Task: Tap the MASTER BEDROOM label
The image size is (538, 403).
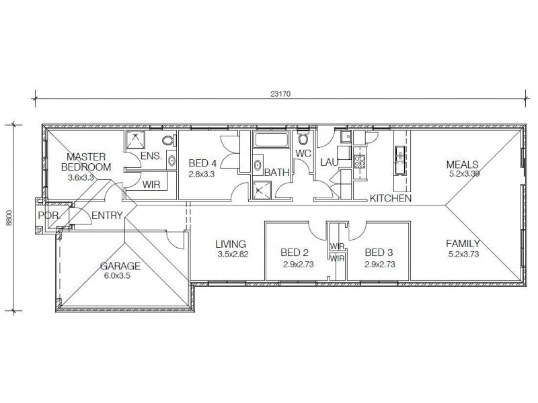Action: [x=86, y=162]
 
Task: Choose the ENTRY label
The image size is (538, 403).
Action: [x=107, y=216]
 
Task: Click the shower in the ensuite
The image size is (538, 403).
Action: [x=137, y=140]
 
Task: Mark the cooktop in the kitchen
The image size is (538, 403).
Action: [x=359, y=161]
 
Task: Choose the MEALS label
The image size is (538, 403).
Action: [x=463, y=164]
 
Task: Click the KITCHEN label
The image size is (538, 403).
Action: [x=391, y=199]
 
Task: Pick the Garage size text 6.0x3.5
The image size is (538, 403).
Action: [x=119, y=275]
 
